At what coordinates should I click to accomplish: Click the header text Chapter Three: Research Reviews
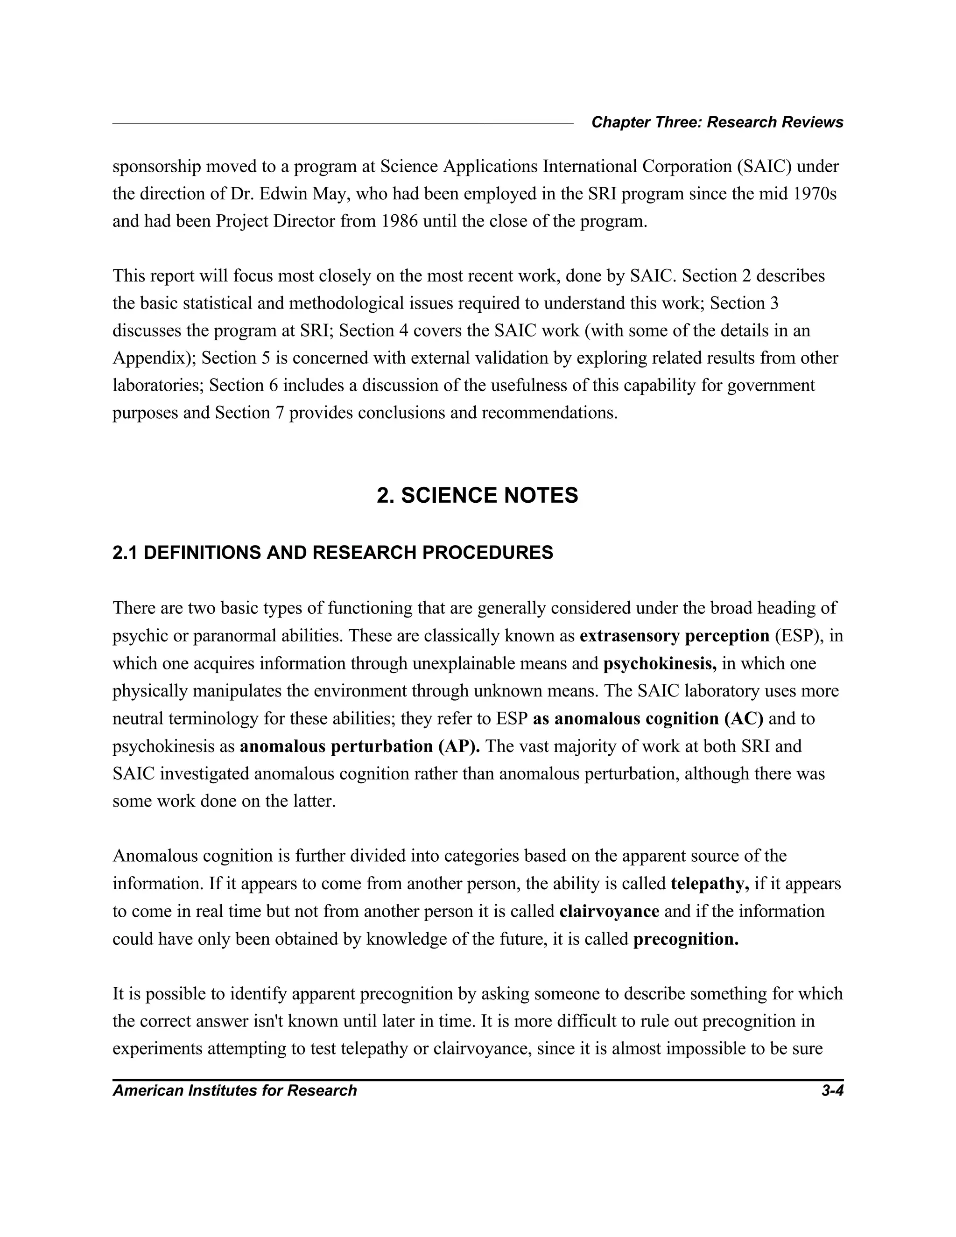(717, 122)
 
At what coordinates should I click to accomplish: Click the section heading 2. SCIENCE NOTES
(478, 496)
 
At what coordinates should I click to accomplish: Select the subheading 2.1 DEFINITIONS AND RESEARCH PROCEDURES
(332, 553)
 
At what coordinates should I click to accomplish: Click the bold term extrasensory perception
(674, 636)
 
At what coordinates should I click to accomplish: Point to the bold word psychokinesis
(659, 664)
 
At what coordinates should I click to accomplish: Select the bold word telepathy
(710, 884)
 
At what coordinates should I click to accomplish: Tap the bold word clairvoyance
(609, 911)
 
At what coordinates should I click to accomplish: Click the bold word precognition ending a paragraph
(686, 939)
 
